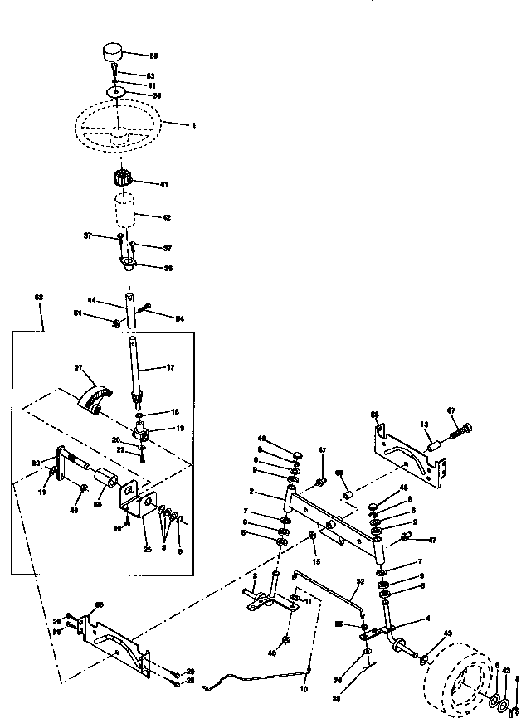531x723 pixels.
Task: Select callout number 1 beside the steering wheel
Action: coord(193,126)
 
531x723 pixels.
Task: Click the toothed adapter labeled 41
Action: coord(121,178)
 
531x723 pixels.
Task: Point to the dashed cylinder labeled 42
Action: coord(125,212)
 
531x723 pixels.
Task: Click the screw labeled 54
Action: coord(144,310)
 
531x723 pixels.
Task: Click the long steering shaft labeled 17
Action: coord(136,365)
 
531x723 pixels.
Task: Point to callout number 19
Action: coord(180,429)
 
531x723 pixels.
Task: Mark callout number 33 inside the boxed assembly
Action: coord(36,463)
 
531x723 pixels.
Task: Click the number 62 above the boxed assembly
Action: coord(39,298)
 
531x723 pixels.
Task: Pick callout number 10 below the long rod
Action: coord(303,687)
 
